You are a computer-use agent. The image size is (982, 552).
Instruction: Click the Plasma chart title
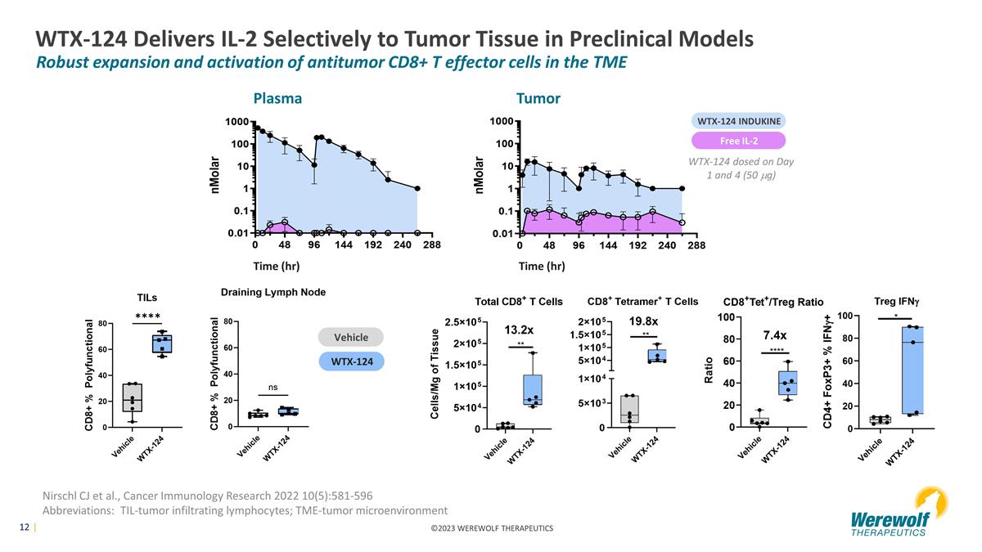click(277, 98)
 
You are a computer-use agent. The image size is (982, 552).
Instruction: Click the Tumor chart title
click(538, 98)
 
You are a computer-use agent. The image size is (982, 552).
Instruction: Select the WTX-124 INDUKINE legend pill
click(739, 121)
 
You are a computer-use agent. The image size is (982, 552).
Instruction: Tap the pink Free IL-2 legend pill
click(739, 141)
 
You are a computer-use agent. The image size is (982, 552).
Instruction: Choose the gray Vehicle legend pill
click(351, 337)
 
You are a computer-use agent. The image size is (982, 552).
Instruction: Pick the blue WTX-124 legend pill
click(352, 361)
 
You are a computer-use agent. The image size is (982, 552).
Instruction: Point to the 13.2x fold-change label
click(519, 330)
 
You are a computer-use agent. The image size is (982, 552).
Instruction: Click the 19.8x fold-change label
click(643, 321)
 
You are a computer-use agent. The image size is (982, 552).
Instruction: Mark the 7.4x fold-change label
click(775, 335)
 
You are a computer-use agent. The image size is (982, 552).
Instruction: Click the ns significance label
click(273, 388)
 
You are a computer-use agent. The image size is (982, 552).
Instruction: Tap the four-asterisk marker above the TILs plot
click(148, 316)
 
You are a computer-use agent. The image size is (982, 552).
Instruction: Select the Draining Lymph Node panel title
click(273, 292)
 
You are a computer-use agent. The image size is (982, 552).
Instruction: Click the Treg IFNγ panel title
click(897, 302)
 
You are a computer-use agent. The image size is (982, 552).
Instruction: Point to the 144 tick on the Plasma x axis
click(343, 245)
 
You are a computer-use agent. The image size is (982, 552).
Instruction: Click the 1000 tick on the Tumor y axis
click(502, 121)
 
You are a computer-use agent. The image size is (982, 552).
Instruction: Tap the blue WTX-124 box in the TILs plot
click(162, 344)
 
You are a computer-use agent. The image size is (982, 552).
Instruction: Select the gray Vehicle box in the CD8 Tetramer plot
click(629, 409)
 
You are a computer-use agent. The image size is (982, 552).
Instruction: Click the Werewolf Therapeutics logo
click(899, 512)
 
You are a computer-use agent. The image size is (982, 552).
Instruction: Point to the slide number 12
click(24, 527)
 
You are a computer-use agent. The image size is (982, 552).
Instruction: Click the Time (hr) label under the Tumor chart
click(542, 266)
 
